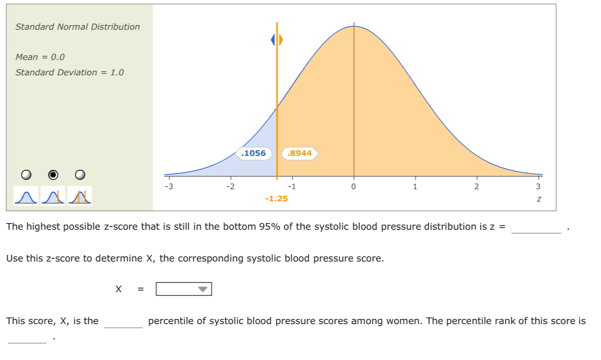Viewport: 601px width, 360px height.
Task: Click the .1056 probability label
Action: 254,153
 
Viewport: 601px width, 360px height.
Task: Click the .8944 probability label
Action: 300,153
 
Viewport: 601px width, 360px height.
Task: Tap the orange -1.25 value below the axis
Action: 276,198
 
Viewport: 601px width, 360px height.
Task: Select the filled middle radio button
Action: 53,175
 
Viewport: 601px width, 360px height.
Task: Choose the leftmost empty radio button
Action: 26,175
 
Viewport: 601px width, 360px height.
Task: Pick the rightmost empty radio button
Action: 80,175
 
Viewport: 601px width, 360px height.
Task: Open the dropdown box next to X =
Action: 184,289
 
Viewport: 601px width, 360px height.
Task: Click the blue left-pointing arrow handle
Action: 274,39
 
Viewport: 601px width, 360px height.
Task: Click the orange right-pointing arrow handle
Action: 281,39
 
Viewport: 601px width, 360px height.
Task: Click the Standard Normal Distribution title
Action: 77,27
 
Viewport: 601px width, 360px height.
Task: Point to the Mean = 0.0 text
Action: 40,57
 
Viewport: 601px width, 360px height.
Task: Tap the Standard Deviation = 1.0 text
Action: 70,72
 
